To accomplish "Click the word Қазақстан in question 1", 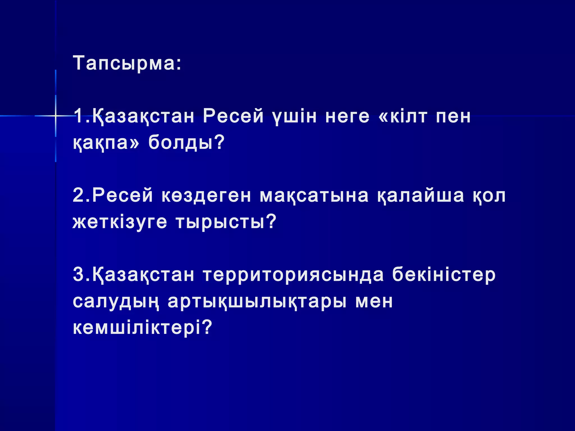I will pos(143,116).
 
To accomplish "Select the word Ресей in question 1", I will pos(233,116).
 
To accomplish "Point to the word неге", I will pos(347,116).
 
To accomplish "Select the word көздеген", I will pos(206,196).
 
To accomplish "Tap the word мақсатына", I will pos(314,196).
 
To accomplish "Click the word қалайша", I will pos(420,196).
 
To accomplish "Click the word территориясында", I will pos(293,275).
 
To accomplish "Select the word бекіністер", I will pos(444,275).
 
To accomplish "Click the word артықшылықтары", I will pos(257,302).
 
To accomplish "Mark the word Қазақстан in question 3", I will pos(143,275).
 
